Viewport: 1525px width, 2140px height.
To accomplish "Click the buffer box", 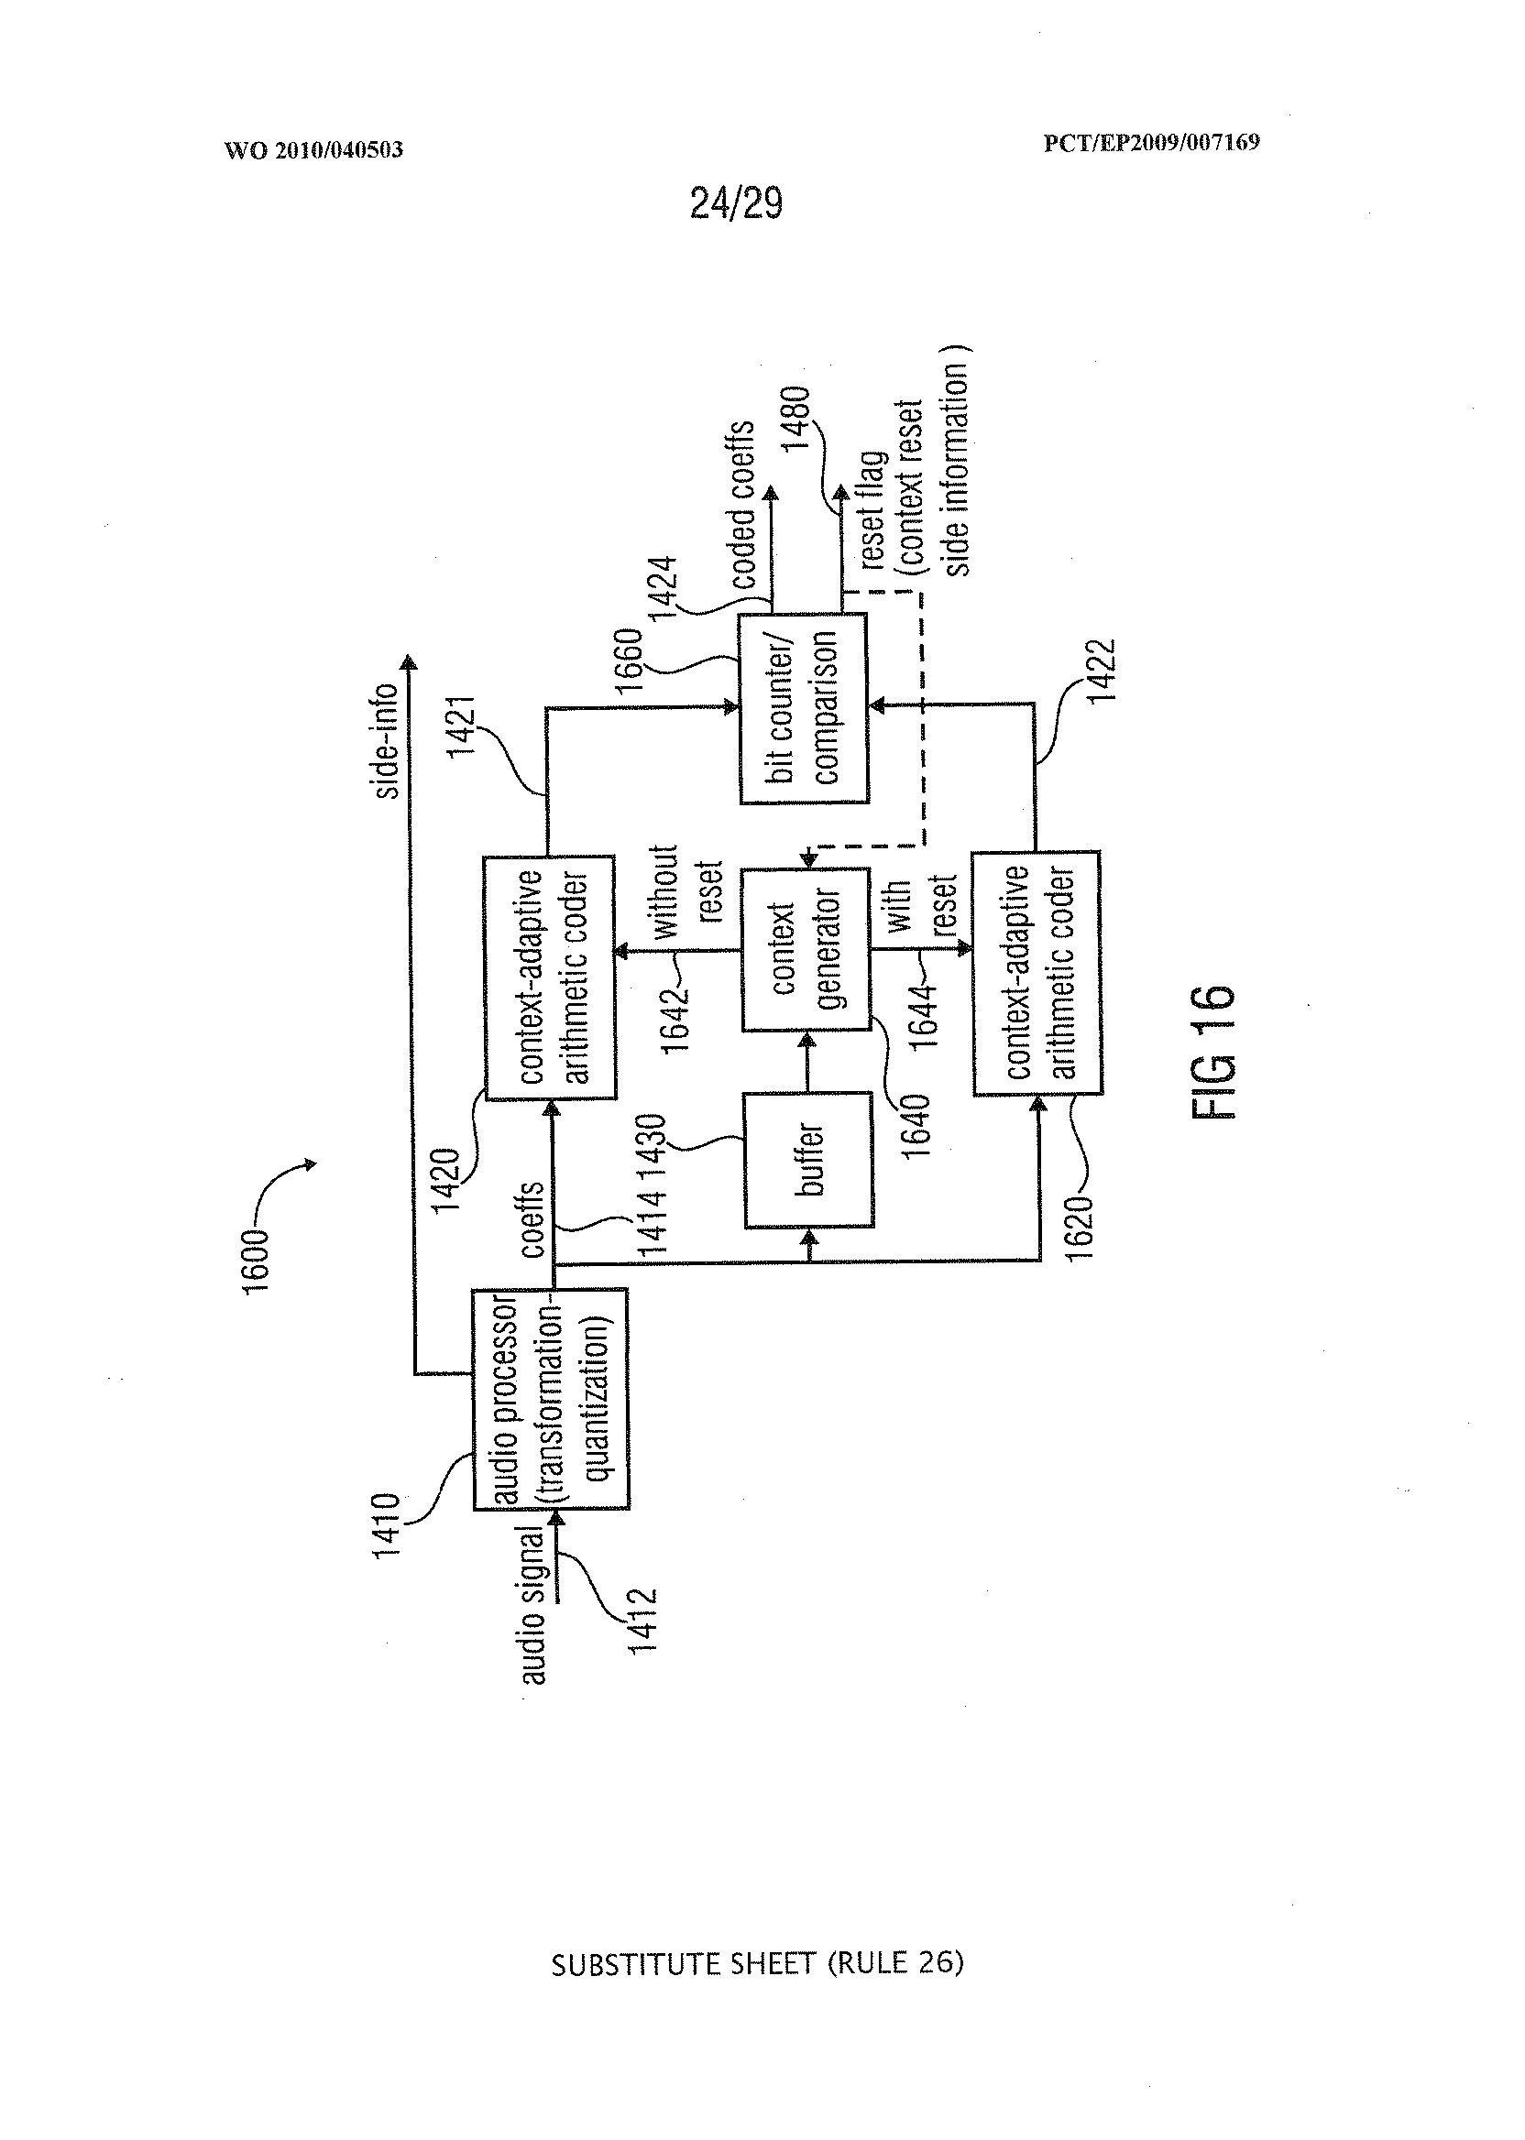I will coord(806,1161).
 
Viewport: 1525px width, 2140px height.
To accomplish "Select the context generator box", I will coord(806,949).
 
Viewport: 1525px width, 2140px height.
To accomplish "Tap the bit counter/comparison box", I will coord(804,709).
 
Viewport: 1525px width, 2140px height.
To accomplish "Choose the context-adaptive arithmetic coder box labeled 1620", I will coord(1036,972).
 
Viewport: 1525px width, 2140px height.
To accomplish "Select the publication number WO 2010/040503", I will coord(313,149).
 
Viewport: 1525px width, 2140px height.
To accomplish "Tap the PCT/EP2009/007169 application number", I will coord(1151,143).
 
